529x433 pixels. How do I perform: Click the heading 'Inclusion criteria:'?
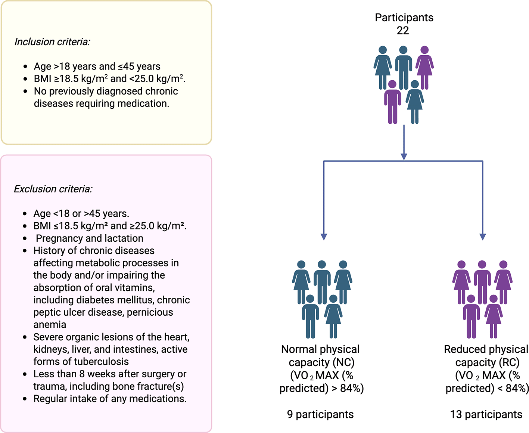(x=52, y=42)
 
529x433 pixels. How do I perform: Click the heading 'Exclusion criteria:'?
(x=53, y=189)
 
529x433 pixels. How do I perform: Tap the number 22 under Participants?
(x=403, y=31)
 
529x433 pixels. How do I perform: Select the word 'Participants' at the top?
(x=404, y=18)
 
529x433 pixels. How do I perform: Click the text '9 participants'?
(x=320, y=414)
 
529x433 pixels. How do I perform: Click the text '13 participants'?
(x=486, y=414)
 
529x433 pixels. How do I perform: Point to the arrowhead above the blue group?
(x=324, y=236)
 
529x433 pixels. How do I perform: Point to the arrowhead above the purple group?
(x=482, y=236)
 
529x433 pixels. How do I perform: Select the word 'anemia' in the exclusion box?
(x=50, y=325)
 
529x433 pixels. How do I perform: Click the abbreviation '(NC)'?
(x=343, y=362)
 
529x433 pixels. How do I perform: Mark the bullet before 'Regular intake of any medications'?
(x=25, y=399)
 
